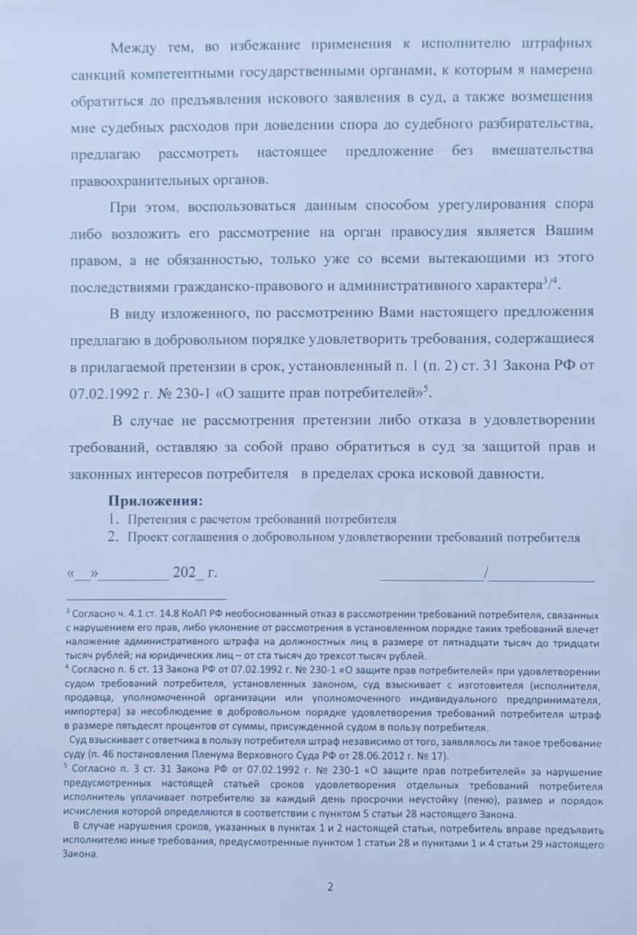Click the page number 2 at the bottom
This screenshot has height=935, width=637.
[x=329, y=888]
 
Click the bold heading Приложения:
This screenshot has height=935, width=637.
[x=156, y=502]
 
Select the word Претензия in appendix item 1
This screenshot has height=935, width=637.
[x=156, y=519]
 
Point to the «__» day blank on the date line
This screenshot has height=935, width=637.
[x=83, y=573]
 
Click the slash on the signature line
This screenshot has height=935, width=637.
[x=486, y=573]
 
